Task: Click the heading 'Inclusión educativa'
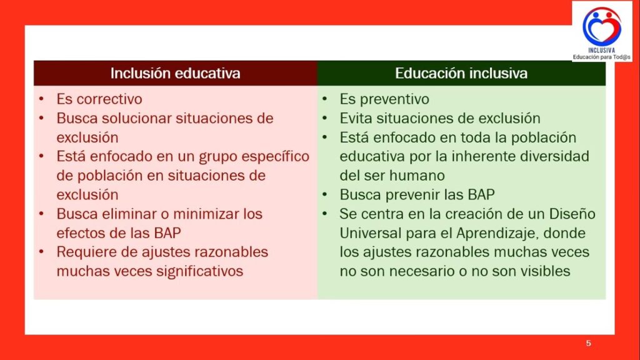175,73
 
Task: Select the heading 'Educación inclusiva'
461,73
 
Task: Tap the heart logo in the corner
602,26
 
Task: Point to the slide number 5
588,343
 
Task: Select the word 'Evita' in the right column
356,118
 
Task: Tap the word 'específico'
276,156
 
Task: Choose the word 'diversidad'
555,156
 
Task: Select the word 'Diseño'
572,214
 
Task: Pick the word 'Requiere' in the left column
86,252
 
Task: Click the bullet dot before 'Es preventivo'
325,98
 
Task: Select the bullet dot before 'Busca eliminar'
42,213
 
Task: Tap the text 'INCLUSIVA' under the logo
602,50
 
